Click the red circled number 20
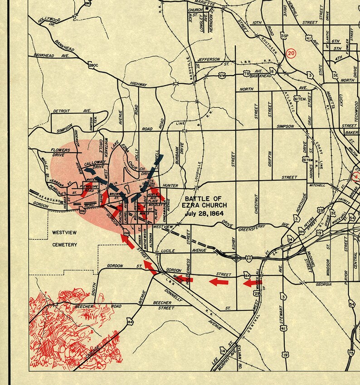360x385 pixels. (291, 53)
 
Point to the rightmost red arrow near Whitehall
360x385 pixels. (250, 283)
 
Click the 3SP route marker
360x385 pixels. (285, 35)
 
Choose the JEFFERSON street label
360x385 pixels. (209, 59)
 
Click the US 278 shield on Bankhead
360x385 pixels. (222, 76)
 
